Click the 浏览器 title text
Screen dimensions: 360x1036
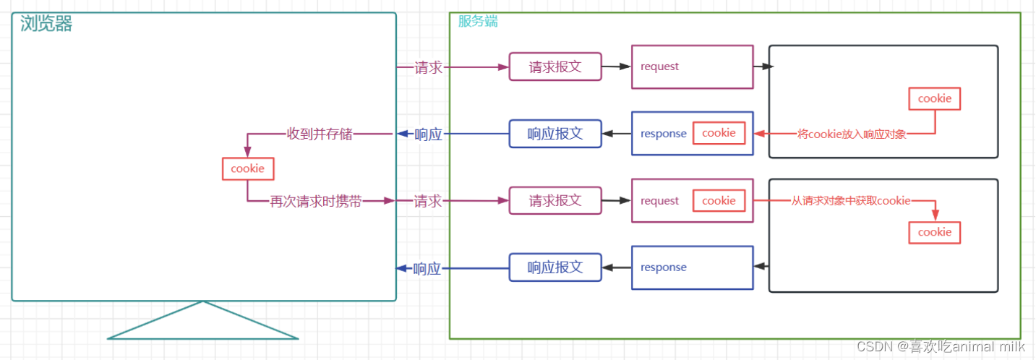[47, 24]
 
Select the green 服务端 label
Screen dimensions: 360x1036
[478, 21]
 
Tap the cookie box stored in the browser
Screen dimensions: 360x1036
[247, 168]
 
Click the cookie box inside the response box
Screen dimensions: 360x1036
[719, 133]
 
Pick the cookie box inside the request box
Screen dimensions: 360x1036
[719, 201]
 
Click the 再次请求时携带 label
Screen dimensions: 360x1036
[316, 202]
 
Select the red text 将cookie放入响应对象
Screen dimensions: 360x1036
[852, 134]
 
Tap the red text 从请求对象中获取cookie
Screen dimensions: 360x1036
[851, 201]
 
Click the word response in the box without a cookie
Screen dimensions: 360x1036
[663, 267]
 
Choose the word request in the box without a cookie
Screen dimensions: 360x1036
[659, 67]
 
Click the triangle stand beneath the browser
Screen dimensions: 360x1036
[203, 325]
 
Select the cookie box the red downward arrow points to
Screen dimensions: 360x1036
[935, 232]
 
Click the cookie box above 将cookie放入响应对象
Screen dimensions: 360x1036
[935, 98]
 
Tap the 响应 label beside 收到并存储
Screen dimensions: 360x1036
[428, 134]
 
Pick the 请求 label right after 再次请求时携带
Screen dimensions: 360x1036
[427, 202]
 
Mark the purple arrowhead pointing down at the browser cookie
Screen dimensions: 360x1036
[247, 153]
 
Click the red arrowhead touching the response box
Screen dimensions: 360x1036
[759, 134]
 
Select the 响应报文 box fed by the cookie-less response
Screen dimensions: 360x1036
[555, 267]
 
